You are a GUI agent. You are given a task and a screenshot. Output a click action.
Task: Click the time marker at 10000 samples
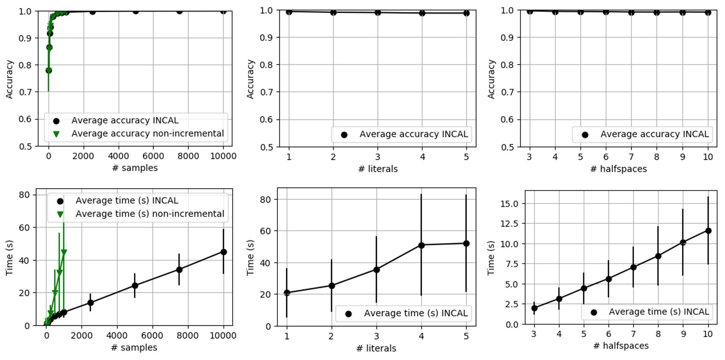click(x=223, y=252)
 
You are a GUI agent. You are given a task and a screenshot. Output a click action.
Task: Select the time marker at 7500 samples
click(x=179, y=269)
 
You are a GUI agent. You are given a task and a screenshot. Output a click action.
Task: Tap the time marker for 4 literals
click(x=421, y=245)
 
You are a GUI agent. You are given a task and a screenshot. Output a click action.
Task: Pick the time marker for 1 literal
click(x=287, y=293)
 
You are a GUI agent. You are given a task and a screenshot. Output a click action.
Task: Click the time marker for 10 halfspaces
click(x=708, y=231)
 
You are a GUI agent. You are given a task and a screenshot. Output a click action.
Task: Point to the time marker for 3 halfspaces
click(x=534, y=308)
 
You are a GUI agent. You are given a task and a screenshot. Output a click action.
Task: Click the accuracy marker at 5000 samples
click(x=135, y=11)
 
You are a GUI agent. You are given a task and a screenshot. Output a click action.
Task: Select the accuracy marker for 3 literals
click(x=378, y=13)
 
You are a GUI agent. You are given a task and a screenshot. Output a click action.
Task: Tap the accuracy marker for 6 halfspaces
click(x=606, y=12)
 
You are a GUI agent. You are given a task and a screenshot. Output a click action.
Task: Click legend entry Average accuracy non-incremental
click(x=147, y=133)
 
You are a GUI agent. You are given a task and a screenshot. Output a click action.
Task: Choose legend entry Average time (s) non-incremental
click(x=149, y=214)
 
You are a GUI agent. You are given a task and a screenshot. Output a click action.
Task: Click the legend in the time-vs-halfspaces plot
click(x=647, y=312)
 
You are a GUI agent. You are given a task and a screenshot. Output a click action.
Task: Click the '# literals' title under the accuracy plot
click(x=378, y=169)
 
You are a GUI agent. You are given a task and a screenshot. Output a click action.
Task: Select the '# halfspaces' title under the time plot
click(x=621, y=346)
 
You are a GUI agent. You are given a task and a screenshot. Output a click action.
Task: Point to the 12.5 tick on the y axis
click(x=509, y=224)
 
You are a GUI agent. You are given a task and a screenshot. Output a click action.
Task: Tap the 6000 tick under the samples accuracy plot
click(x=153, y=156)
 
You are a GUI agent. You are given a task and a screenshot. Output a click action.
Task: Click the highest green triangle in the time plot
click(x=64, y=252)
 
